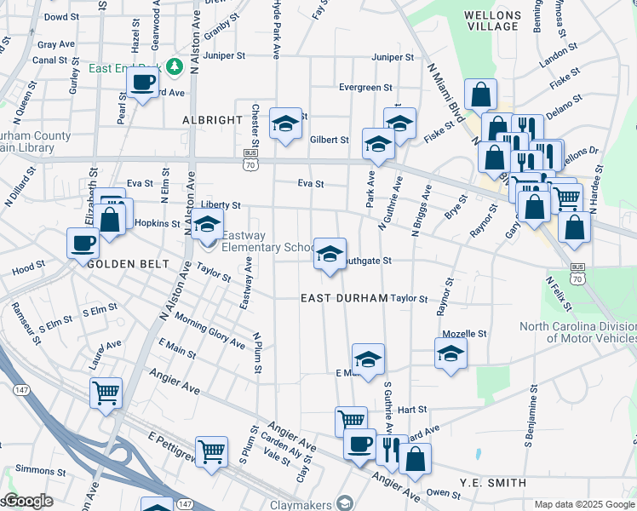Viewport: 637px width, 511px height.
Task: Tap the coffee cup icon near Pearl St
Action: (x=143, y=83)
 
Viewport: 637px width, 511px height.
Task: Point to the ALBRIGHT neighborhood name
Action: (x=212, y=120)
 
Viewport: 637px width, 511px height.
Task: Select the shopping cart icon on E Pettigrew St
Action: (x=211, y=451)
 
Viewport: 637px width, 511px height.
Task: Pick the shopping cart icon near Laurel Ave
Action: (x=106, y=393)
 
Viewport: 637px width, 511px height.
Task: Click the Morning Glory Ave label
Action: (x=209, y=330)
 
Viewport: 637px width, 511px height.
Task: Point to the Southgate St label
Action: (x=368, y=261)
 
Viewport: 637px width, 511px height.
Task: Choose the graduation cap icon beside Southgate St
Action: (x=330, y=253)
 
